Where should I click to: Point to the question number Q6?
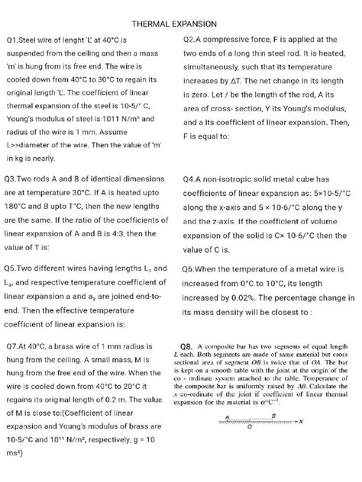point(194,270)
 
